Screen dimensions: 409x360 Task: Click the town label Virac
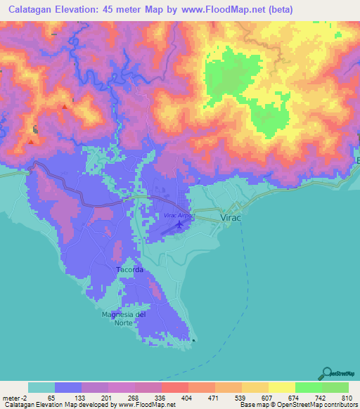[x=233, y=219]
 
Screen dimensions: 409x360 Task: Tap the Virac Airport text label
[x=179, y=215]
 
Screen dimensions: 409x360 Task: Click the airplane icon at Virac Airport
[x=179, y=225]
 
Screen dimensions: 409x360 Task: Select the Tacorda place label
[x=130, y=270]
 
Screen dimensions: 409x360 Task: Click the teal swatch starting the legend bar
[x=41, y=387]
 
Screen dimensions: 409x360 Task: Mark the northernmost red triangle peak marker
[x=65, y=107]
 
